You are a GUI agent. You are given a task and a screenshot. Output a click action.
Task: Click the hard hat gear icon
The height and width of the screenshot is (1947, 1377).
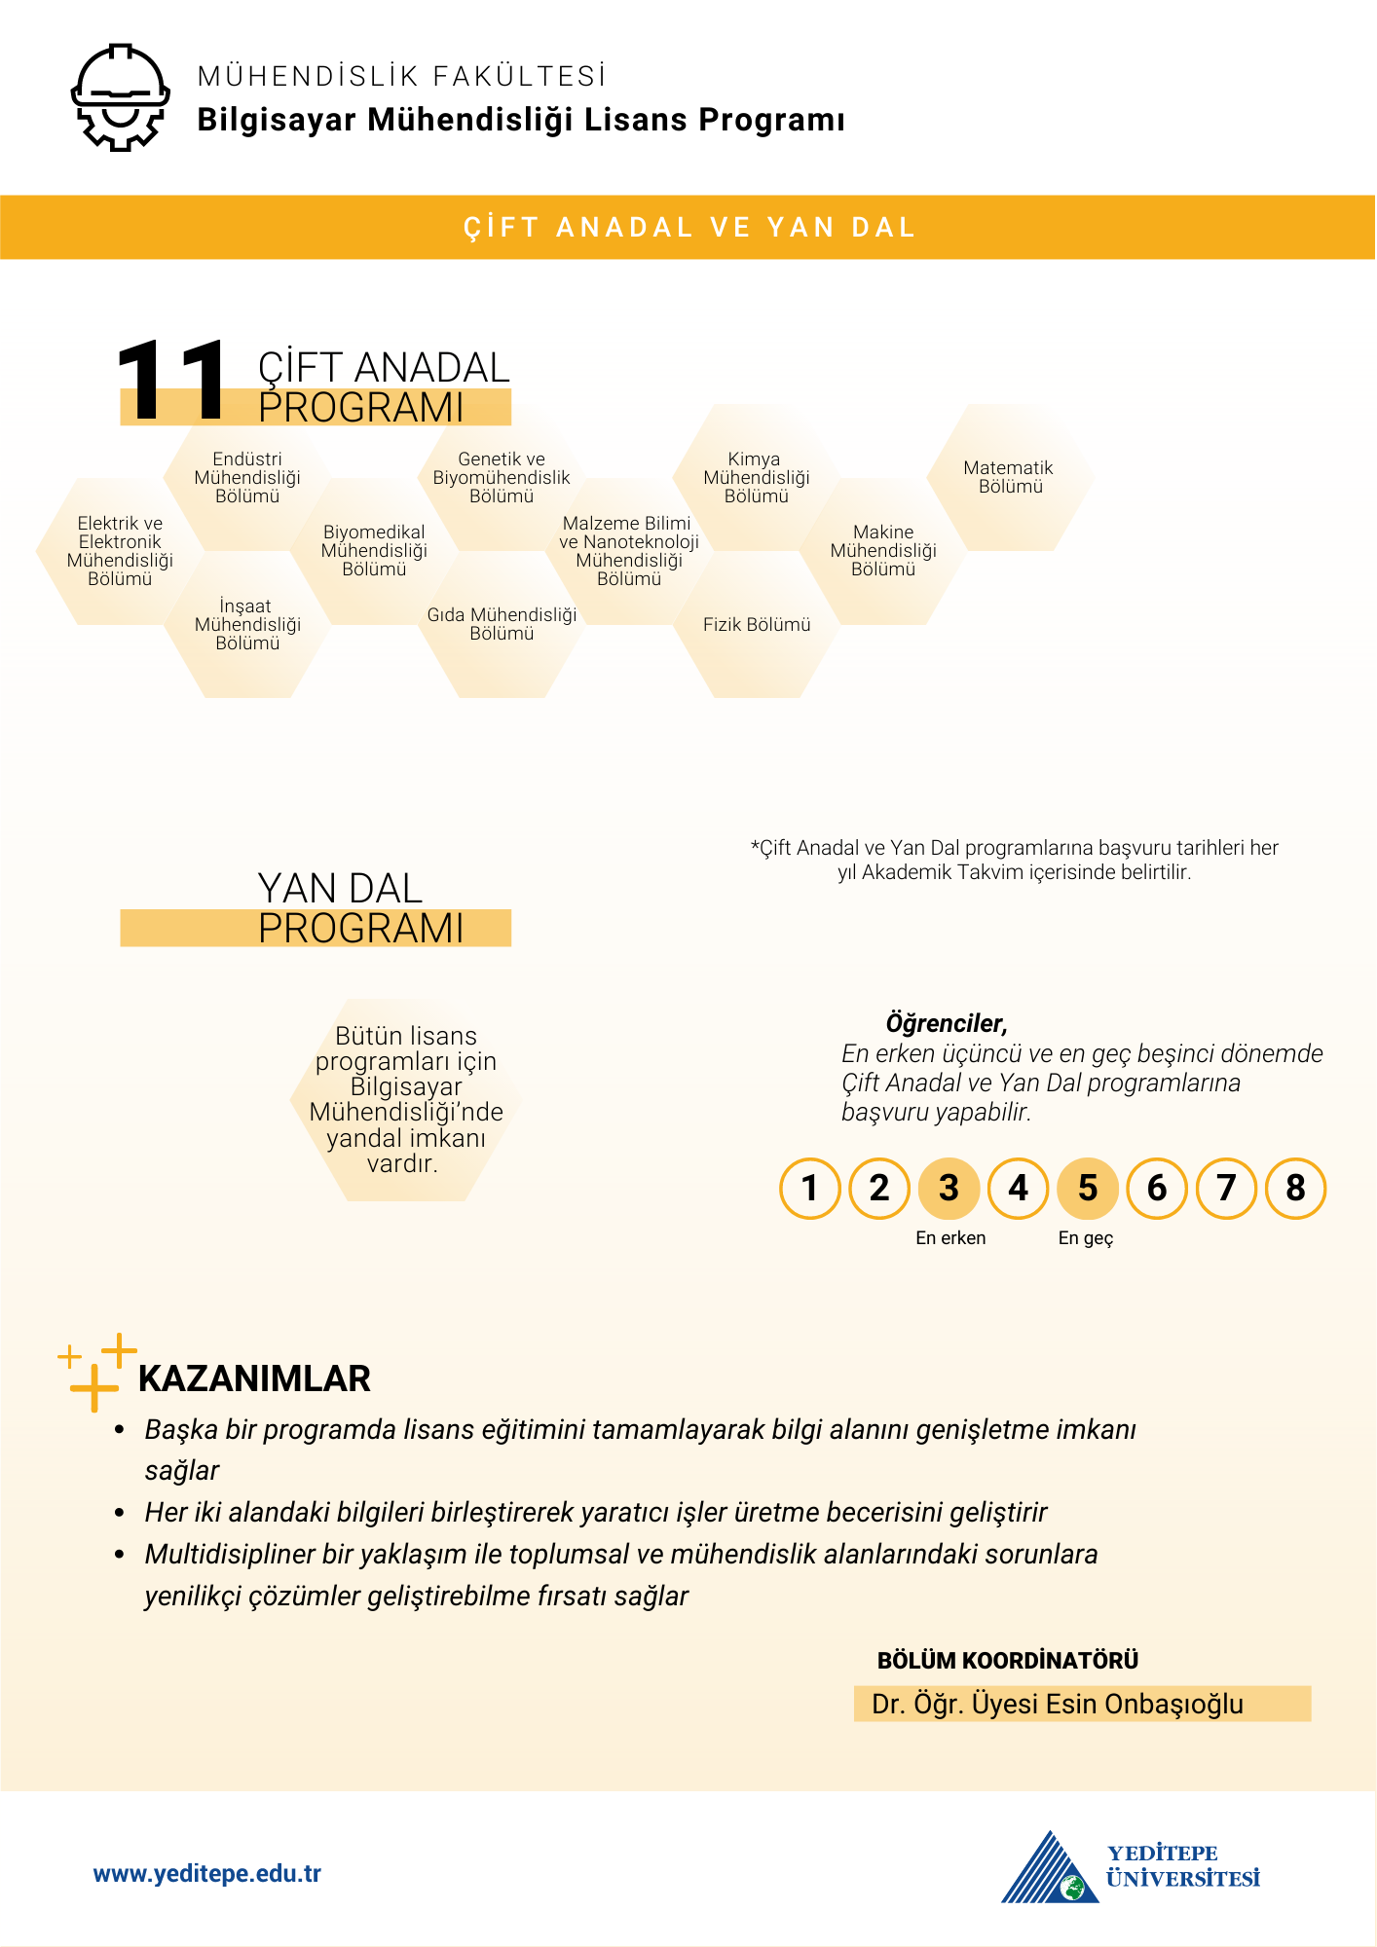(121, 97)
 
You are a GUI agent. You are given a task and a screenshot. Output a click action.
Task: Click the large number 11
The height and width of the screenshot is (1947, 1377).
(171, 382)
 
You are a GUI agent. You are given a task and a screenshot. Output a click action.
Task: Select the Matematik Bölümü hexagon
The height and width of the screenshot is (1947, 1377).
(1010, 478)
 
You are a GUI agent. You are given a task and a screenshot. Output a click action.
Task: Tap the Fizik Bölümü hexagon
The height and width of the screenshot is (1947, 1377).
(757, 625)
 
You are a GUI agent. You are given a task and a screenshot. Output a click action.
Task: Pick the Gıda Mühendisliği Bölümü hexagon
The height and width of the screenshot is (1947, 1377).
(502, 625)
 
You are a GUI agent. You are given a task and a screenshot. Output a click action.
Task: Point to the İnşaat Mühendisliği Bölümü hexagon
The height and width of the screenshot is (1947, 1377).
(247, 625)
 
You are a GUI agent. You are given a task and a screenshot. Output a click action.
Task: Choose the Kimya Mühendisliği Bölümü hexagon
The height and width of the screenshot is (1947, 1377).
(756, 477)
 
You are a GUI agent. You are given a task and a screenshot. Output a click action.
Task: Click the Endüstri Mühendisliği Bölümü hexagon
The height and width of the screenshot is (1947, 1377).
(247, 477)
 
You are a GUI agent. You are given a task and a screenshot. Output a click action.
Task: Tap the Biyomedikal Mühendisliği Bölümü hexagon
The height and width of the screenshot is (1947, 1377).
(374, 551)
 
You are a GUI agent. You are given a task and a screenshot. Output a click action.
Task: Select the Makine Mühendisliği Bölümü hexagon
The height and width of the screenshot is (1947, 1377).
(883, 551)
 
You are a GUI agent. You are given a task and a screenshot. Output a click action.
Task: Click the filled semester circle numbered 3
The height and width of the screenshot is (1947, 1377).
(949, 1189)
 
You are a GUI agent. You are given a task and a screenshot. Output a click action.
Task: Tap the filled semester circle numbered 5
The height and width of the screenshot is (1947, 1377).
(1088, 1189)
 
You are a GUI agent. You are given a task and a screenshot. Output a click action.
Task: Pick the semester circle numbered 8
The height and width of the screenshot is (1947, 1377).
(1295, 1189)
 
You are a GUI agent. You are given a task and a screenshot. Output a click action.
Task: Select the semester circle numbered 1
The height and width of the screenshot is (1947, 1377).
(810, 1189)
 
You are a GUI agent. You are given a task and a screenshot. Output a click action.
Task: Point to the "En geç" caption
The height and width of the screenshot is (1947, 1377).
(1086, 1238)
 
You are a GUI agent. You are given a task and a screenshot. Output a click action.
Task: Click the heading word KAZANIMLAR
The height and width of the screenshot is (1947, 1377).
(254, 1379)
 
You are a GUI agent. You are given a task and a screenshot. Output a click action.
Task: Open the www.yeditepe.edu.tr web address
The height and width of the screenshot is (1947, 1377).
(206, 1874)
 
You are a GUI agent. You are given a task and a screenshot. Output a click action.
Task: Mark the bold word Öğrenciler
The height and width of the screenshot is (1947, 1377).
(946, 1024)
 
